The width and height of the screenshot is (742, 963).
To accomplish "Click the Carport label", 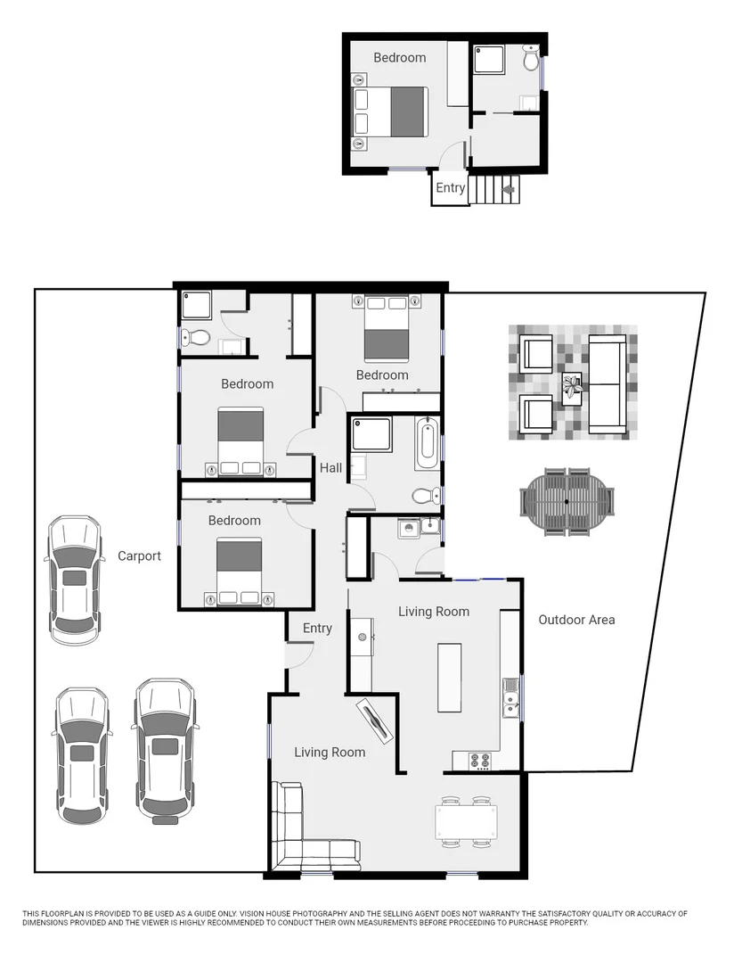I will click(139, 556).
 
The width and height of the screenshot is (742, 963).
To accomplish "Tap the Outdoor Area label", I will click(576, 620).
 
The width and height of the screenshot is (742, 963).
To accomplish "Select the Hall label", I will click(330, 468).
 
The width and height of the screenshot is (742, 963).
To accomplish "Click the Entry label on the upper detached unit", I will click(450, 188).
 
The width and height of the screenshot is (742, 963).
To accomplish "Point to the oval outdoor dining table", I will click(567, 503).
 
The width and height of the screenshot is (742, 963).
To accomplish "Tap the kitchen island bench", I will click(449, 678).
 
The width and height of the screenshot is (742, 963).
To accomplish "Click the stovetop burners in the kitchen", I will click(480, 761).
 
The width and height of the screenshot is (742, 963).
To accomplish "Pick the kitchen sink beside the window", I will click(510, 699).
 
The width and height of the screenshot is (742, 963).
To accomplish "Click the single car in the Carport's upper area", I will click(74, 580).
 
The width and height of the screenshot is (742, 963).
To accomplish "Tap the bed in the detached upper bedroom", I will click(392, 111).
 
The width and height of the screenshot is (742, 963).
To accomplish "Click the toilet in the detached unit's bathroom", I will click(531, 60).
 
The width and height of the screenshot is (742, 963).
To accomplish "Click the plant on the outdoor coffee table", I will click(571, 387).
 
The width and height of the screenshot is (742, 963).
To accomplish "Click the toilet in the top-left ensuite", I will click(198, 338).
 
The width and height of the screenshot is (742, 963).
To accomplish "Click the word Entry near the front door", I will click(317, 629).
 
